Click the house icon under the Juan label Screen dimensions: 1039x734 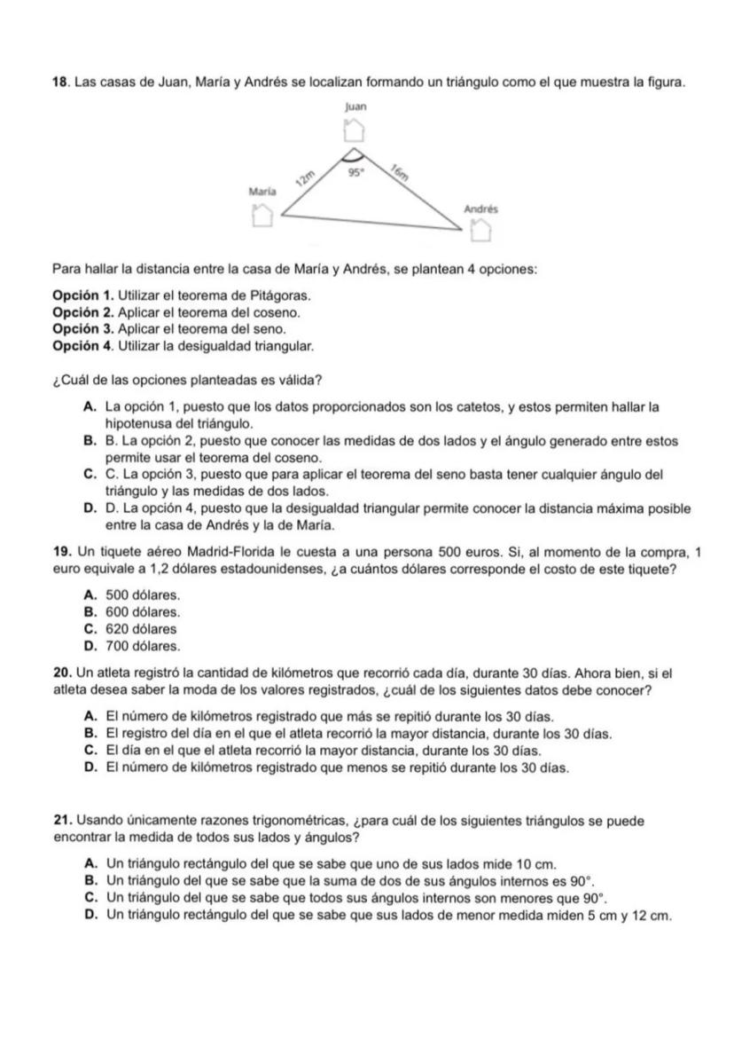coord(354,130)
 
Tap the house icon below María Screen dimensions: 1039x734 coord(261,215)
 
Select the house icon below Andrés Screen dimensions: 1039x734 coord(480,231)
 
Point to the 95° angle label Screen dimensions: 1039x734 coord(355,176)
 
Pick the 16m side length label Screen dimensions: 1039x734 coord(401,174)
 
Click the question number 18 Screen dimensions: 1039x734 coord(60,83)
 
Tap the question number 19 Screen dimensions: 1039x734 coord(60,553)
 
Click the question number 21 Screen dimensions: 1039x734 coord(60,821)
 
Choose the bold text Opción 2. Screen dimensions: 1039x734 coord(83,313)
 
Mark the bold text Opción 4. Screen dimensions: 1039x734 coord(83,343)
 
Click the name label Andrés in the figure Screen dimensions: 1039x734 coord(481,209)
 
